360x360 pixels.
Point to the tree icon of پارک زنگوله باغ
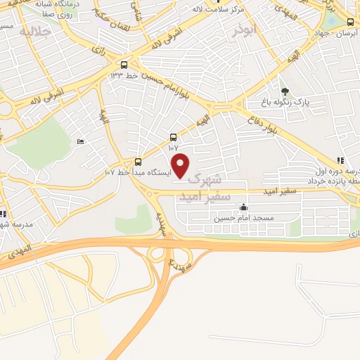coord(285,91)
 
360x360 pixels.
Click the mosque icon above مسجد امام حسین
coord(243,207)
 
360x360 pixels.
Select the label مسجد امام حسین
coord(243,219)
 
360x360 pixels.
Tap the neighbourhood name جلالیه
coord(35,32)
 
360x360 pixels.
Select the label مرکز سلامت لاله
coord(266,9)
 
